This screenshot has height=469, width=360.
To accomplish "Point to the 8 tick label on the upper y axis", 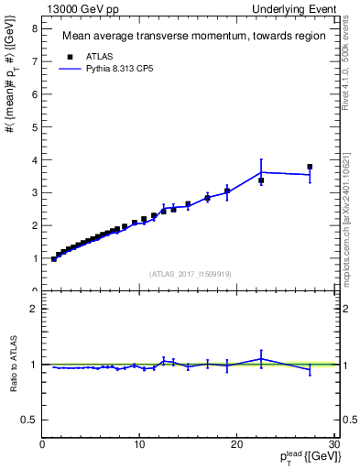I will (x=35, y=28).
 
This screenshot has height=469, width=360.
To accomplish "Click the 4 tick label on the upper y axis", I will (x=35, y=159).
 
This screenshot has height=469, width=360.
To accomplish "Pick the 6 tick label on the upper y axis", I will (x=35, y=94).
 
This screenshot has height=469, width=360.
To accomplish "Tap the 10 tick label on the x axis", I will (x=139, y=444).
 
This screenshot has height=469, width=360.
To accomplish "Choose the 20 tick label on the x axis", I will (x=236, y=444).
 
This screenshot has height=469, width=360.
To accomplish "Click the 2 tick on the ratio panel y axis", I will (x=35, y=309).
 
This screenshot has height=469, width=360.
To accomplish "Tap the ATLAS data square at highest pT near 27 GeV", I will (x=310, y=167).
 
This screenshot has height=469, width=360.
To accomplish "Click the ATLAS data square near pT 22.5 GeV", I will (x=261, y=180).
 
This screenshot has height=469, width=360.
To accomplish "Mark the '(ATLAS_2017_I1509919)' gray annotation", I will (x=189, y=273).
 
